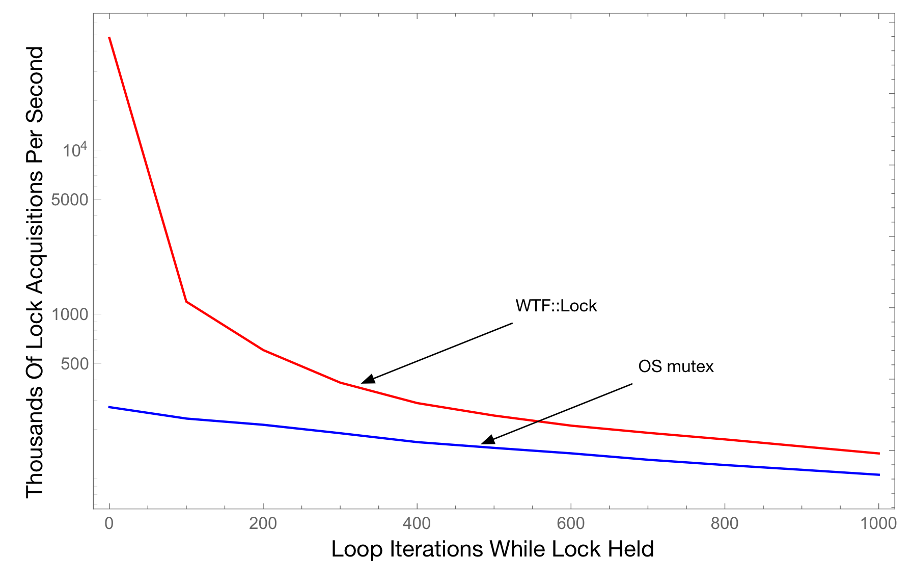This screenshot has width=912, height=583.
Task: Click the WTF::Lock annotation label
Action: pos(556,306)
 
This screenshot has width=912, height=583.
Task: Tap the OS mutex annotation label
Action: pos(676,366)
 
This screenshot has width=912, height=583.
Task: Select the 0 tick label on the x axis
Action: pos(109,523)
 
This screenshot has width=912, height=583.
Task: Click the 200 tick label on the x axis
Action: pos(263,523)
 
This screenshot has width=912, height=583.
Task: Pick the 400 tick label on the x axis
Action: pos(417,523)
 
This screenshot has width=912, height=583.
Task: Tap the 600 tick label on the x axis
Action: pos(570,523)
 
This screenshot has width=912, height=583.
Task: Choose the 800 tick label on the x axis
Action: pos(724,523)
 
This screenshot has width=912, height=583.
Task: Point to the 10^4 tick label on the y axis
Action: pos(74,150)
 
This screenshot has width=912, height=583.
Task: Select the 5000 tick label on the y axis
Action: pos(70,199)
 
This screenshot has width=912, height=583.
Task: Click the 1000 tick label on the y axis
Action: pos(70,314)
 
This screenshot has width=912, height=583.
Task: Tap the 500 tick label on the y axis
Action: pos(74,364)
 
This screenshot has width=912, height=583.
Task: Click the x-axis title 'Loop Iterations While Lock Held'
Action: pos(492,549)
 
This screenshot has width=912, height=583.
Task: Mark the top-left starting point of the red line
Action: pos(109,38)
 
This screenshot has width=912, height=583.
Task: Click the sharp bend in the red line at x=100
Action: pos(186,302)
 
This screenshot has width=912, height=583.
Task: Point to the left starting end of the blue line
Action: pos(109,407)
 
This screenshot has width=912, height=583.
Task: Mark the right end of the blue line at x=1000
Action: pos(879,474)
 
